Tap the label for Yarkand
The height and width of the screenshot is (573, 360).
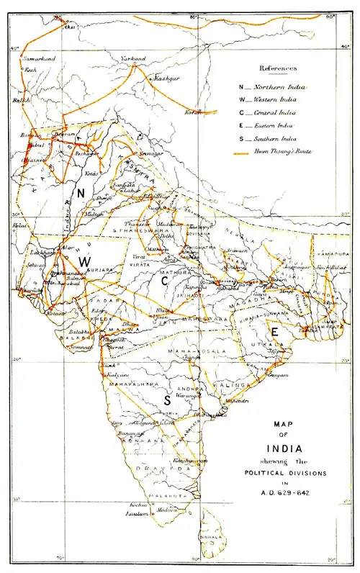pyautogui.click(x=132, y=58)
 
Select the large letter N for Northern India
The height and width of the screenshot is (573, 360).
pyautogui.click(x=82, y=192)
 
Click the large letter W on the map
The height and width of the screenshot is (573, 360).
pyautogui.click(x=84, y=263)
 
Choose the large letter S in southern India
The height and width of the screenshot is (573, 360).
pyautogui.click(x=166, y=401)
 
